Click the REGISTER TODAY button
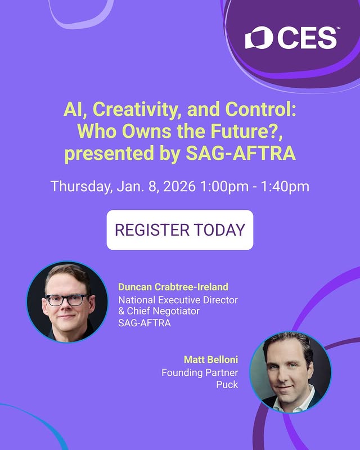(x=180, y=229)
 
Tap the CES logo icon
(x=259, y=38)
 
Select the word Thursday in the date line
(x=79, y=186)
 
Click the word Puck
(x=227, y=385)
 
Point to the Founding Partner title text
(x=200, y=372)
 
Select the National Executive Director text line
(x=178, y=300)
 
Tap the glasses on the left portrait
(x=67, y=299)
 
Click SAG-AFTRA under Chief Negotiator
(x=144, y=323)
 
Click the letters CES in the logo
(x=307, y=38)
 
